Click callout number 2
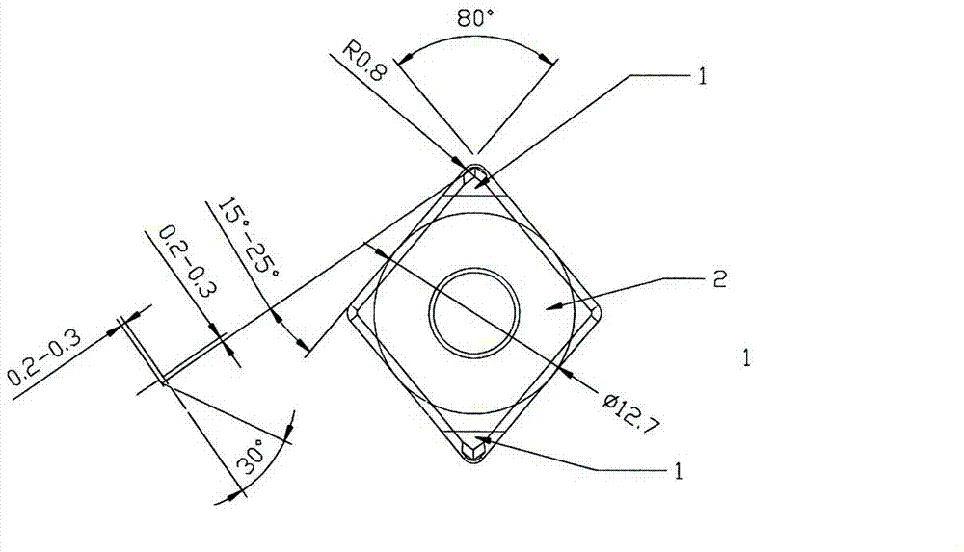point(717,279)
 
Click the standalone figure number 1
point(748,359)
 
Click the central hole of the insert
point(473,313)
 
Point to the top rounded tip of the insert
point(474,171)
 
